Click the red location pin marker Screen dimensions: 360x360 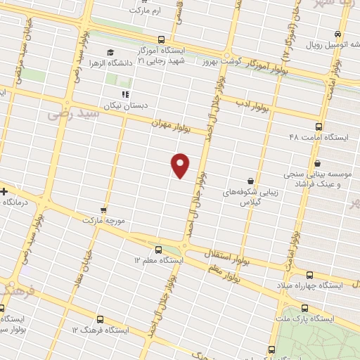(181, 165)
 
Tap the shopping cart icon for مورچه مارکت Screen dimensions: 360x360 (103, 210)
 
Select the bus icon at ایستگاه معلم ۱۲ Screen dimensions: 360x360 (157, 249)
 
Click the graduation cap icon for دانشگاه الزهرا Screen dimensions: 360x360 (110, 52)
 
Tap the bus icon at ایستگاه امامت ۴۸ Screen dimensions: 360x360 (319, 127)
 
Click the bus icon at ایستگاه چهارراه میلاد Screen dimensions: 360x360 (310, 274)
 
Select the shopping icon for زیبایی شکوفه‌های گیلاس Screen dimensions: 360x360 (250, 180)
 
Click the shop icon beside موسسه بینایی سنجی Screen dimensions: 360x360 (318, 163)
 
